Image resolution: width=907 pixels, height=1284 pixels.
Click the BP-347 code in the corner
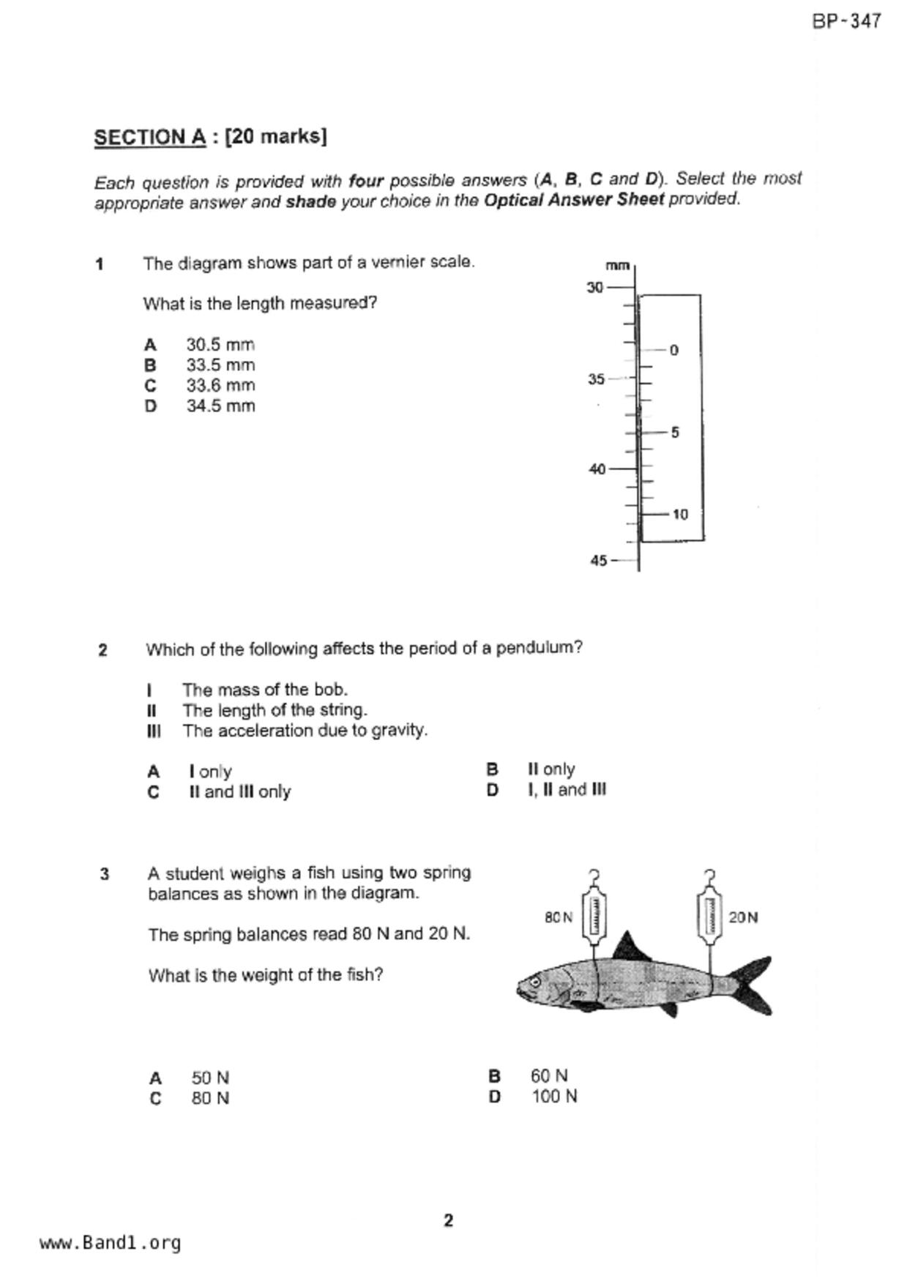click(x=846, y=21)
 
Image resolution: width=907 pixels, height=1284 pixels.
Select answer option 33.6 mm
click(x=220, y=386)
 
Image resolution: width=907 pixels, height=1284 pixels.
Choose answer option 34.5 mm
click(x=220, y=406)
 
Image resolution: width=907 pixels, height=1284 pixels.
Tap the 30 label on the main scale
click(x=594, y=288)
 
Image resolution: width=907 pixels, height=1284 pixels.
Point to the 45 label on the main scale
click(x=598, y=561)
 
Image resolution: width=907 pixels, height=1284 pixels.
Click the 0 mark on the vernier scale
click(x=674, y=351)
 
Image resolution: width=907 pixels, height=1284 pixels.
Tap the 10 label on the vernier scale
click(x=680, y=515)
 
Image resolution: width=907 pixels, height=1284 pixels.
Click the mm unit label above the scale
click(x=617, y=266)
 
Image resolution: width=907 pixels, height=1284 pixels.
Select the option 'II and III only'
click(x=239, y=792)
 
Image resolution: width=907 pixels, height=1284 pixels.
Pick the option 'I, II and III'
click(x=567, y=790)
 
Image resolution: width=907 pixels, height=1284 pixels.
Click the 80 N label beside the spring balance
click(x=559, y=917)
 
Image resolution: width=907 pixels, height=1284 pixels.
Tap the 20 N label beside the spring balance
click(x=743, y=917)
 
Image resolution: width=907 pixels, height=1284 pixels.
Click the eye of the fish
click(x=535, y=981)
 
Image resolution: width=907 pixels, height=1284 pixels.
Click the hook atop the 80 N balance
click(x=594, y=876)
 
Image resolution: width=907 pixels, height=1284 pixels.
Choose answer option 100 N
click(x=553, y=1097)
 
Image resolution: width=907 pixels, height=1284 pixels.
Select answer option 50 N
click(x=210, y=1078)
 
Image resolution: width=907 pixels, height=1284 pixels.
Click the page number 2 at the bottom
click(x=448, y=1220)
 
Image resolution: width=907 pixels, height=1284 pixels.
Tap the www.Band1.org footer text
click(x=110, y=1243)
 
